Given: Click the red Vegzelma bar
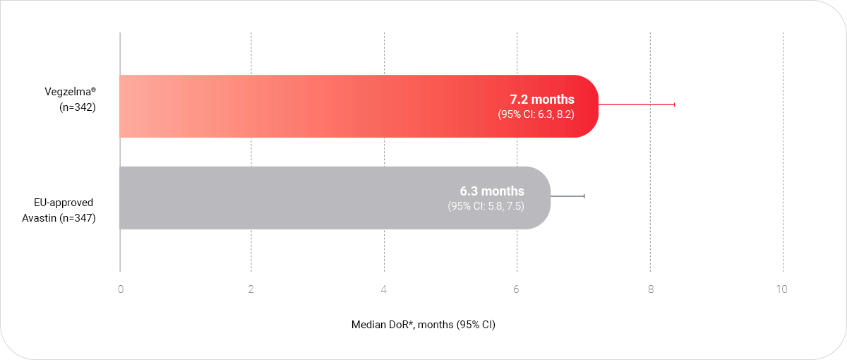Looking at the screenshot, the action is click(359, 107).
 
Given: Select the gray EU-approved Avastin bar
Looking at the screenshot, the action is click(335, 198).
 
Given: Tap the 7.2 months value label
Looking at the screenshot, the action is click(542, 100).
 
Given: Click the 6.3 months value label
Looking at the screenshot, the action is click(492, 191).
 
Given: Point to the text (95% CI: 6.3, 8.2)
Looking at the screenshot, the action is click(536, 114).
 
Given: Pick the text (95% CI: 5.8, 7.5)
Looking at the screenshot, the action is click(486, 206).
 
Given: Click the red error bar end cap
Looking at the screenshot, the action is click(675, 104).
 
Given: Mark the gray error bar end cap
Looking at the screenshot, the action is click(584, 196).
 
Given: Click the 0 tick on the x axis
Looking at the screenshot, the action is click(121, 289).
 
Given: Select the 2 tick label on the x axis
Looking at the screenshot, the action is click(251, 289).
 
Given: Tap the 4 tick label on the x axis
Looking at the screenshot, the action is click(384, 289).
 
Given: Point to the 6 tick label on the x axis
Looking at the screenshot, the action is click(516, 289).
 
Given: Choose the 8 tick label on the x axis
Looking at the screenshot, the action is click(650, 289).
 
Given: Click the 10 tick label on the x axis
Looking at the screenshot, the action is click(781, 289).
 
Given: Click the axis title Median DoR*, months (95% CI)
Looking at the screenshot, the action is click(423, 325).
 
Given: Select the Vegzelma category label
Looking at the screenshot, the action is click(68, 92).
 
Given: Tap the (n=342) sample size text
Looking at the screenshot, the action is click(78, 107).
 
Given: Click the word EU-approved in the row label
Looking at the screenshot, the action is click(64, 203).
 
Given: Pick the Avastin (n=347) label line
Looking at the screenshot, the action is click(59, 218).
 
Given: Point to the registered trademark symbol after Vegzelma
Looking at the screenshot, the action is click(94, 89).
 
